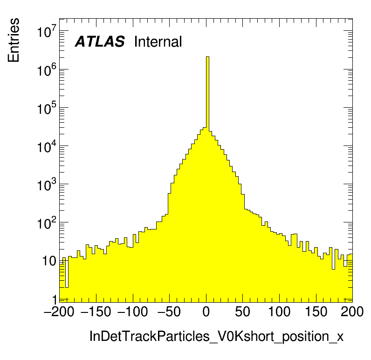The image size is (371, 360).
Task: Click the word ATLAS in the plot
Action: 100,42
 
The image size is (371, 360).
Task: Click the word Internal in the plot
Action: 158,42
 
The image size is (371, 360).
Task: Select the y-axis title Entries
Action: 14,40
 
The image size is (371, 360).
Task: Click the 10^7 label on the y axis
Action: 47,33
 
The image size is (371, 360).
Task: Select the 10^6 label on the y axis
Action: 47,70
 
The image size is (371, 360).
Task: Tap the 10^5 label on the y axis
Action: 47,109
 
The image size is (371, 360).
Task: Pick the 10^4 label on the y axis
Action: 47,147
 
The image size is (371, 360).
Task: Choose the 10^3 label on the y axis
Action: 47,185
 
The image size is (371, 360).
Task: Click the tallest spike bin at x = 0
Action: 207,93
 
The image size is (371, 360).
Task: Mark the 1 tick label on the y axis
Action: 54,299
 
